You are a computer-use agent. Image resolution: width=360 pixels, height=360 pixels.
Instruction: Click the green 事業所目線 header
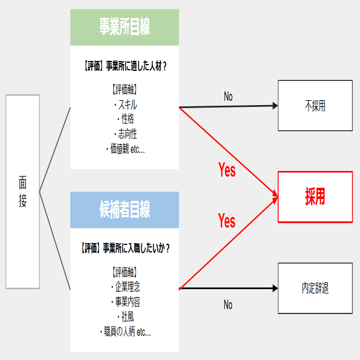point(124,27)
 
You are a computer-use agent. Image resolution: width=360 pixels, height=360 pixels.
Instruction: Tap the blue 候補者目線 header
point(124,210)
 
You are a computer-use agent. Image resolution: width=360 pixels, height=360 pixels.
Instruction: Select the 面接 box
point(22,192)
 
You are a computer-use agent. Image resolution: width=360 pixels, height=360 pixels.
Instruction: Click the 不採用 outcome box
point(315,106)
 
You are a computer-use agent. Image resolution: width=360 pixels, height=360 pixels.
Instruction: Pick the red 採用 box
point(315,196)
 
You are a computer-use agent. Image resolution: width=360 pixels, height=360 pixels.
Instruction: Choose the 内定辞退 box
point(315,288)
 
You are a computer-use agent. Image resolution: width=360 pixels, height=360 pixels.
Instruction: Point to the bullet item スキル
point(126,104)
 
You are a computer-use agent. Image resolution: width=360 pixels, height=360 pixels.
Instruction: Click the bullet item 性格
point(126,119)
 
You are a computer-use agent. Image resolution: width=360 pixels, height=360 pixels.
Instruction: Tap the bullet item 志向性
point(126,134)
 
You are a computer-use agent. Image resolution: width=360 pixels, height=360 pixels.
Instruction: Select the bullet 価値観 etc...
point(126,149)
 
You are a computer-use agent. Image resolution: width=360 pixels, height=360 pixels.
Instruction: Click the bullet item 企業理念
point(126,287)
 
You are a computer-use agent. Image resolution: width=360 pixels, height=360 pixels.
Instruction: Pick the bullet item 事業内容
point(126,302)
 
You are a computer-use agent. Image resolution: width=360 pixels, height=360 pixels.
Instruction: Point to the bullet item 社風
point(126,317)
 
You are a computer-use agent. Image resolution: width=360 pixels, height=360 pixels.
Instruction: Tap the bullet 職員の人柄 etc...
point(126,332)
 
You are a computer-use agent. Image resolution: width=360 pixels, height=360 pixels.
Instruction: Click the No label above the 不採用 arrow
point(228,96)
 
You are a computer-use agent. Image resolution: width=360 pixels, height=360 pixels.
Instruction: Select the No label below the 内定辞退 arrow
point(228,305)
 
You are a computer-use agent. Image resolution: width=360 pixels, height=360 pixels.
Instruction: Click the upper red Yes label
point(227,170)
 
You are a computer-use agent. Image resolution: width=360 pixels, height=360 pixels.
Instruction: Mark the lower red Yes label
point(227,221)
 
